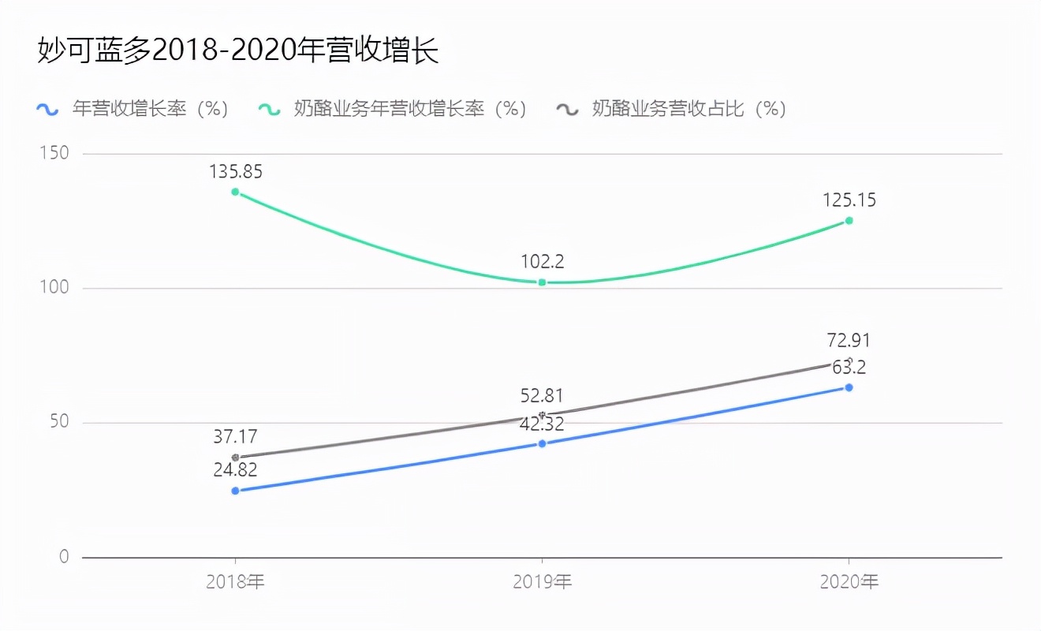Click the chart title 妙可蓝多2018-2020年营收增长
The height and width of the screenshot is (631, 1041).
point(237,50)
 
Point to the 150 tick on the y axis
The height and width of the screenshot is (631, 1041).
point(54,153)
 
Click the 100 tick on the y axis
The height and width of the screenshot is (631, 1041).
point(54,288)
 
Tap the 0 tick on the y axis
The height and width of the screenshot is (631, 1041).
point(64,557)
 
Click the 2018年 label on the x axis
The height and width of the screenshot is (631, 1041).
point(235,583)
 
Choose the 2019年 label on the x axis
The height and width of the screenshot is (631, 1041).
point(542,583)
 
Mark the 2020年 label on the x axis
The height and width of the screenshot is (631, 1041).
point(849,583)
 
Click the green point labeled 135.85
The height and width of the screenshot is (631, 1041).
point(235,192)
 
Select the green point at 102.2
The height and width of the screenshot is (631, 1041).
point(542,282)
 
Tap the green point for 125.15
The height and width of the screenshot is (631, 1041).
point(849,221)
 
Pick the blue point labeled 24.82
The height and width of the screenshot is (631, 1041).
point(235,491)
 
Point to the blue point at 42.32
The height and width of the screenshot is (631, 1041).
point(542,443)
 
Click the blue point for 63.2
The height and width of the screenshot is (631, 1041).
point(849,387)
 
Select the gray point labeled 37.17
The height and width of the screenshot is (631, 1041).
point(235,457)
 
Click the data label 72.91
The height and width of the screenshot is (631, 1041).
point(849,341)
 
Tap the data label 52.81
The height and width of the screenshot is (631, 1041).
point(542,396)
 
